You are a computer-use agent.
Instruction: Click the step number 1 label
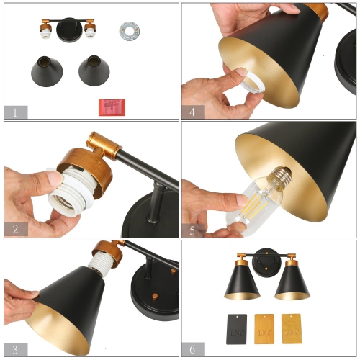click(x=15, y=112)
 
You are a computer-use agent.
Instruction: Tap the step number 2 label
click(x=15, y=230)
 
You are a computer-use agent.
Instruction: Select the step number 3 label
click(x=15, y=348)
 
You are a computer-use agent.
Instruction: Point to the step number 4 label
click(x=192, y=112)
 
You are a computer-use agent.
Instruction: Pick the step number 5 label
click(x=192, y=230)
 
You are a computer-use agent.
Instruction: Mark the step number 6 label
click(x=192, y=348)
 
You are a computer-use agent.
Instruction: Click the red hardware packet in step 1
click(x=109, y=107)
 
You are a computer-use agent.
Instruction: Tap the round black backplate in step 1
click(x=69, y=33)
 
